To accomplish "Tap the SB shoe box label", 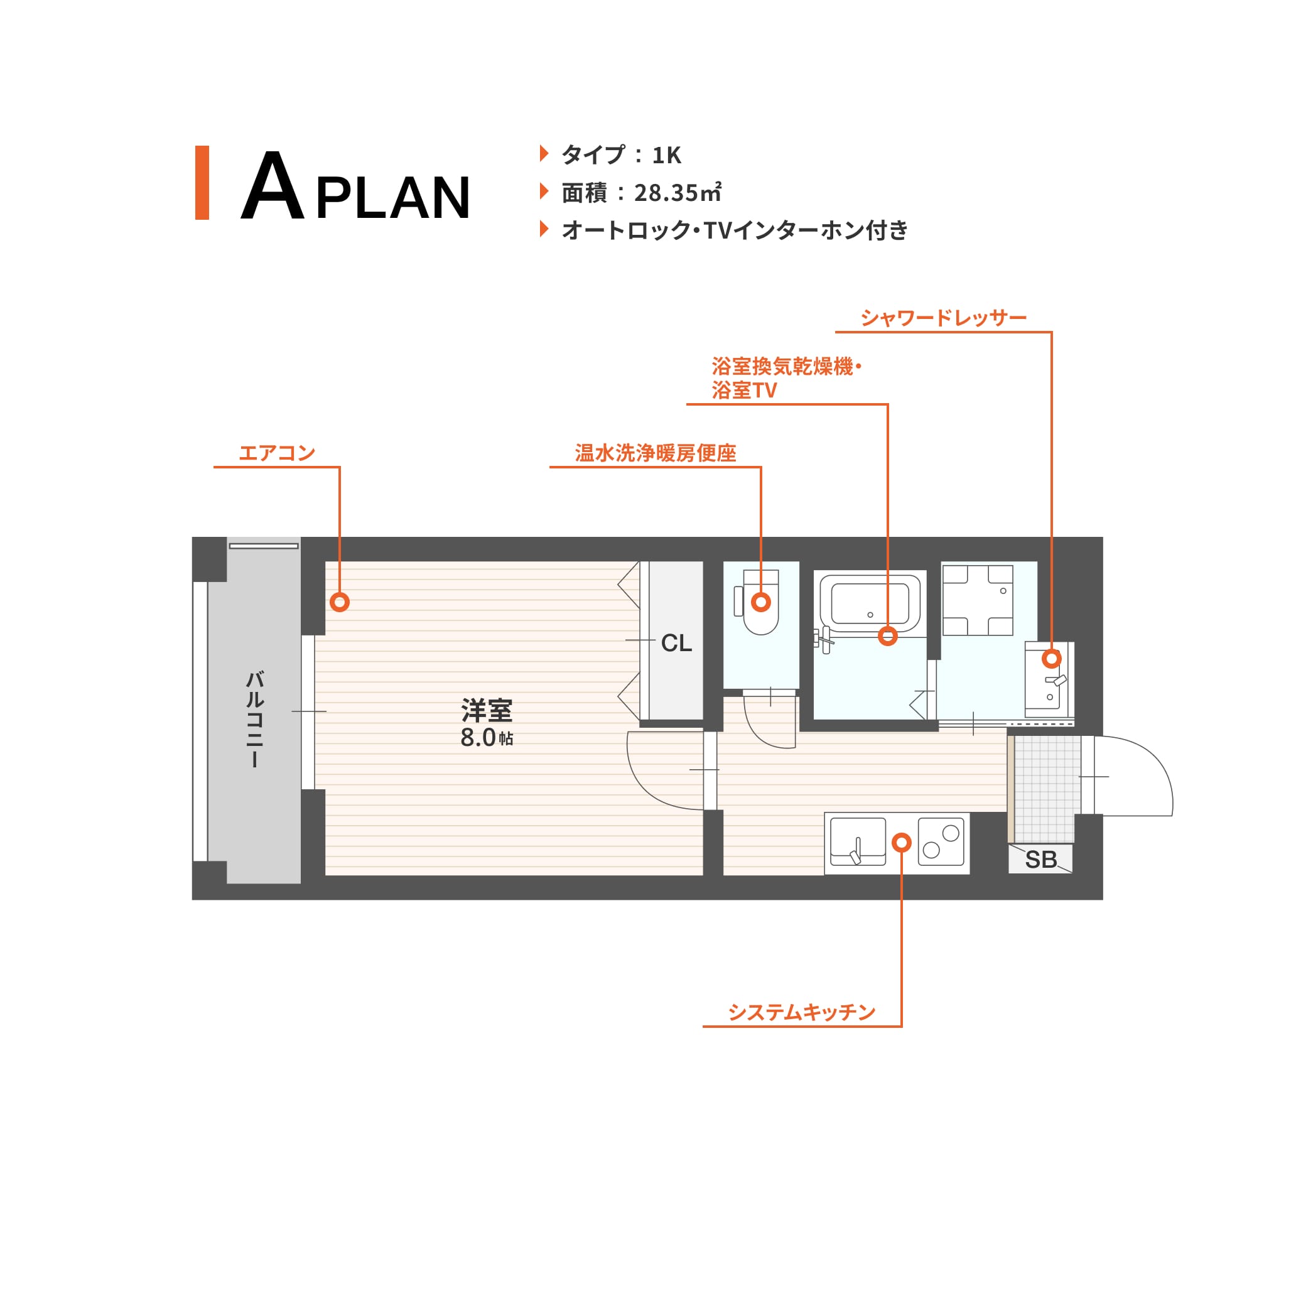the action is click(1040, 860).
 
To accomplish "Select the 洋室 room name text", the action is click(487, 710).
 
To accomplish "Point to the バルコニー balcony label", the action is click(254, 719).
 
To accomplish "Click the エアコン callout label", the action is click(277, 453).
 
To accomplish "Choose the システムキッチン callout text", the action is click(802, 1012).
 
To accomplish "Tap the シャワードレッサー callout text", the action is click(944, 317).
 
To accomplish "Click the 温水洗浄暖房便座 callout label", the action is click(656, 453).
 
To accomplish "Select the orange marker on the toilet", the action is click(760, 602).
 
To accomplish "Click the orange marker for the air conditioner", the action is click(340, 602).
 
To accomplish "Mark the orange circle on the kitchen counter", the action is click(902, 842).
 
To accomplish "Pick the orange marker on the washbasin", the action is click(1051, 658).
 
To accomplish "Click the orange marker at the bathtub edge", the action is click(887, 635).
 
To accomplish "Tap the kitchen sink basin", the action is click(858, 841).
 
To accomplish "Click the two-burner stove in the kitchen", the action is click(941, 841).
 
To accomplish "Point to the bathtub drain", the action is click(870, 615).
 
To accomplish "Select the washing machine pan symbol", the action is click(978, 600).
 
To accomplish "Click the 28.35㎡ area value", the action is click(678, 193).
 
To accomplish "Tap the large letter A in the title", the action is click(273, 185).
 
